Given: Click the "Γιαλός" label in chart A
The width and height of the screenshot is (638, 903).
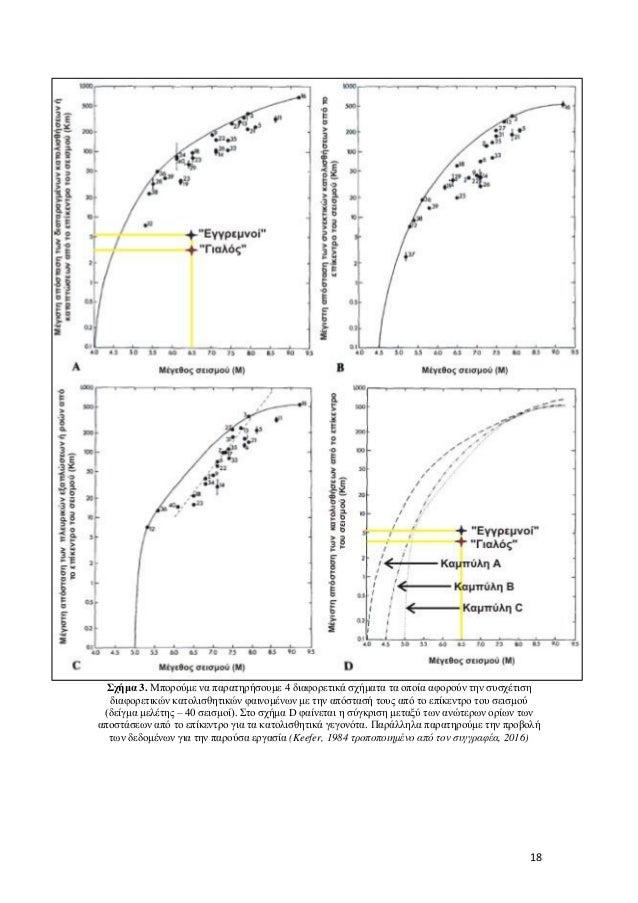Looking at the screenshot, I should pos(225,249).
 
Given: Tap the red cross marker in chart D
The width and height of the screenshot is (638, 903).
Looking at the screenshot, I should pos(461,542).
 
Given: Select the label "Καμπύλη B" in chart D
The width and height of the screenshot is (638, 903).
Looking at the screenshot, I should pos(484,586).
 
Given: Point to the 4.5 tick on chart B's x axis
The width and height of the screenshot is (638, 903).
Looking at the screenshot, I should pos(380,352).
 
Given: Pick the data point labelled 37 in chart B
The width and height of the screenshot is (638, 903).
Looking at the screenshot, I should pos(406,257).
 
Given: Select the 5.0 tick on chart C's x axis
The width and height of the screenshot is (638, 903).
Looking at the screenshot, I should pos(133,649).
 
